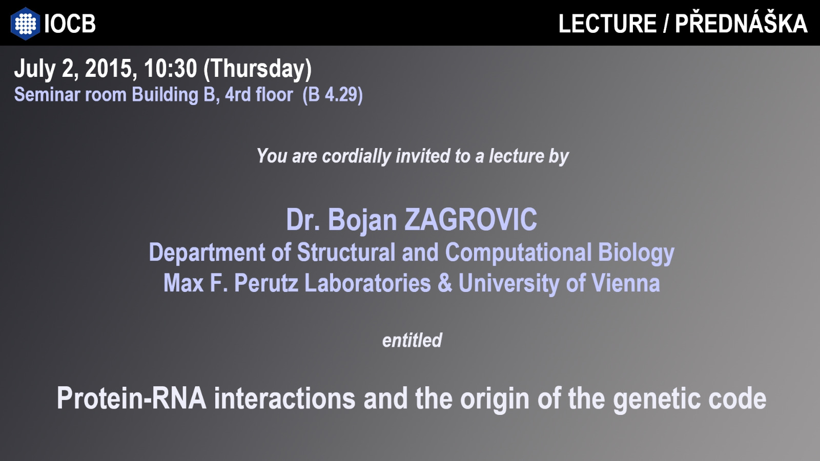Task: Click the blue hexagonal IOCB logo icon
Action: pyautogui.click(x=25, y=24)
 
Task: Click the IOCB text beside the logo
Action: pyautogui.click(x=70, y=24)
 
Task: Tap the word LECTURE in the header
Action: pyautogui.click(x=607, y=24)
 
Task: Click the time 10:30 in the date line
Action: pyautogui.click(x=170, y=69)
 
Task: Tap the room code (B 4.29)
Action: pyautogui.click(x=333, y=95)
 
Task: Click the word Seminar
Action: pyautogui.click(x=47, y=95)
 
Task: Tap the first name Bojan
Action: pyautogui.click(x=362, y=221)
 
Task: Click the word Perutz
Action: pyautogui.click(x=266, y=284)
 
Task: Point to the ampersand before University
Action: pyautogui.click(x=445, y=284)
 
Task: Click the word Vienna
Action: pyautogui.click(x=626, y=284)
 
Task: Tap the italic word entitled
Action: pyautogui.click(x=412, y=341)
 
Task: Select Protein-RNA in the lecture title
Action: pyautogui.click(x=131, y=399)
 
